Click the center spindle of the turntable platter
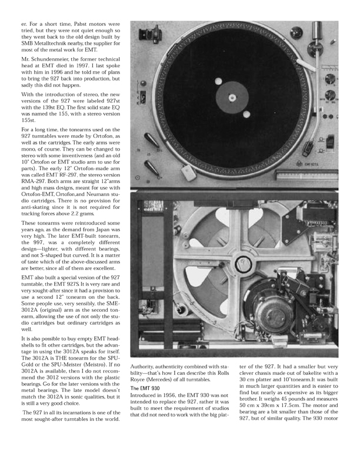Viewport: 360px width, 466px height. click(x=232, y=96)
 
